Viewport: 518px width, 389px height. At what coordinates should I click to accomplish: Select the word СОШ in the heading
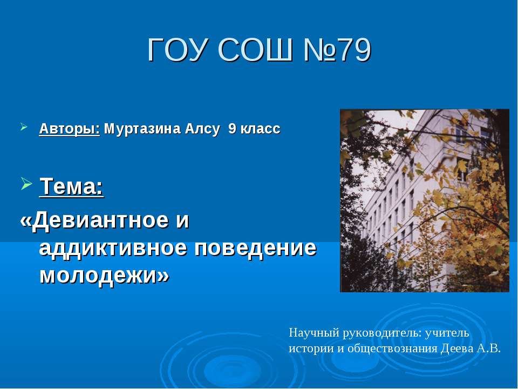(255, 50)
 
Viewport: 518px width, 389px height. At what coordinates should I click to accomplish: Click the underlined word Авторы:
(70, 129)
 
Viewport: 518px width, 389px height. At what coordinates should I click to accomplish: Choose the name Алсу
(202, 129)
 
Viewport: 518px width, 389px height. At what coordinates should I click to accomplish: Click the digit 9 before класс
(232, 129)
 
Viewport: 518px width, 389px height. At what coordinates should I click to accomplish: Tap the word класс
(260, 129)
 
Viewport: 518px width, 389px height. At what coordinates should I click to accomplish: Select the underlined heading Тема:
(71, 186)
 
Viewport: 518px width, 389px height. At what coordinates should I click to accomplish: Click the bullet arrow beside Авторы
(24, 126)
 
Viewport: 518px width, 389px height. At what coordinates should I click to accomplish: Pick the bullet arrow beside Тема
(26, 183)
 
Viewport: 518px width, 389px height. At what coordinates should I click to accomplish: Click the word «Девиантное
(104, 220)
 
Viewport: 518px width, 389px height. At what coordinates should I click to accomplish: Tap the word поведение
(255, 249)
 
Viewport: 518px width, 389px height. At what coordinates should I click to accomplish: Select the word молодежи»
(104, 275)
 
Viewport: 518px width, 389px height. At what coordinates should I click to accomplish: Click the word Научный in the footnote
(314, 333)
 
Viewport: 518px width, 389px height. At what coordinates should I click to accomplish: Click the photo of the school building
(425, 200)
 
